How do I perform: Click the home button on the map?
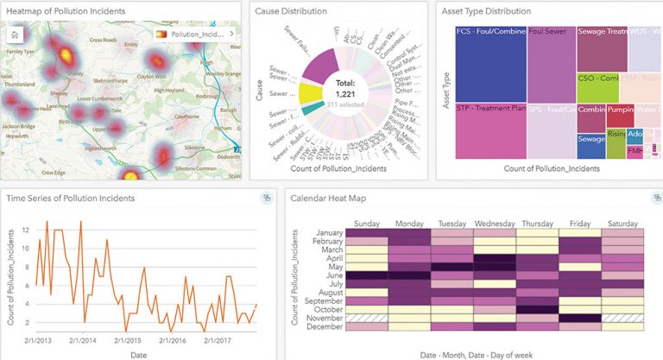(16, 34)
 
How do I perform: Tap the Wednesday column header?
(495, 224)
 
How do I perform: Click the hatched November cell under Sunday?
(367, 318)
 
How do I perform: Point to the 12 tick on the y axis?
(25, 231)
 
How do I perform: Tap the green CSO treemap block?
(597, 88)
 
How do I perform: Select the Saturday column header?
(622, 224)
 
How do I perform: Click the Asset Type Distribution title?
(487, 11)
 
